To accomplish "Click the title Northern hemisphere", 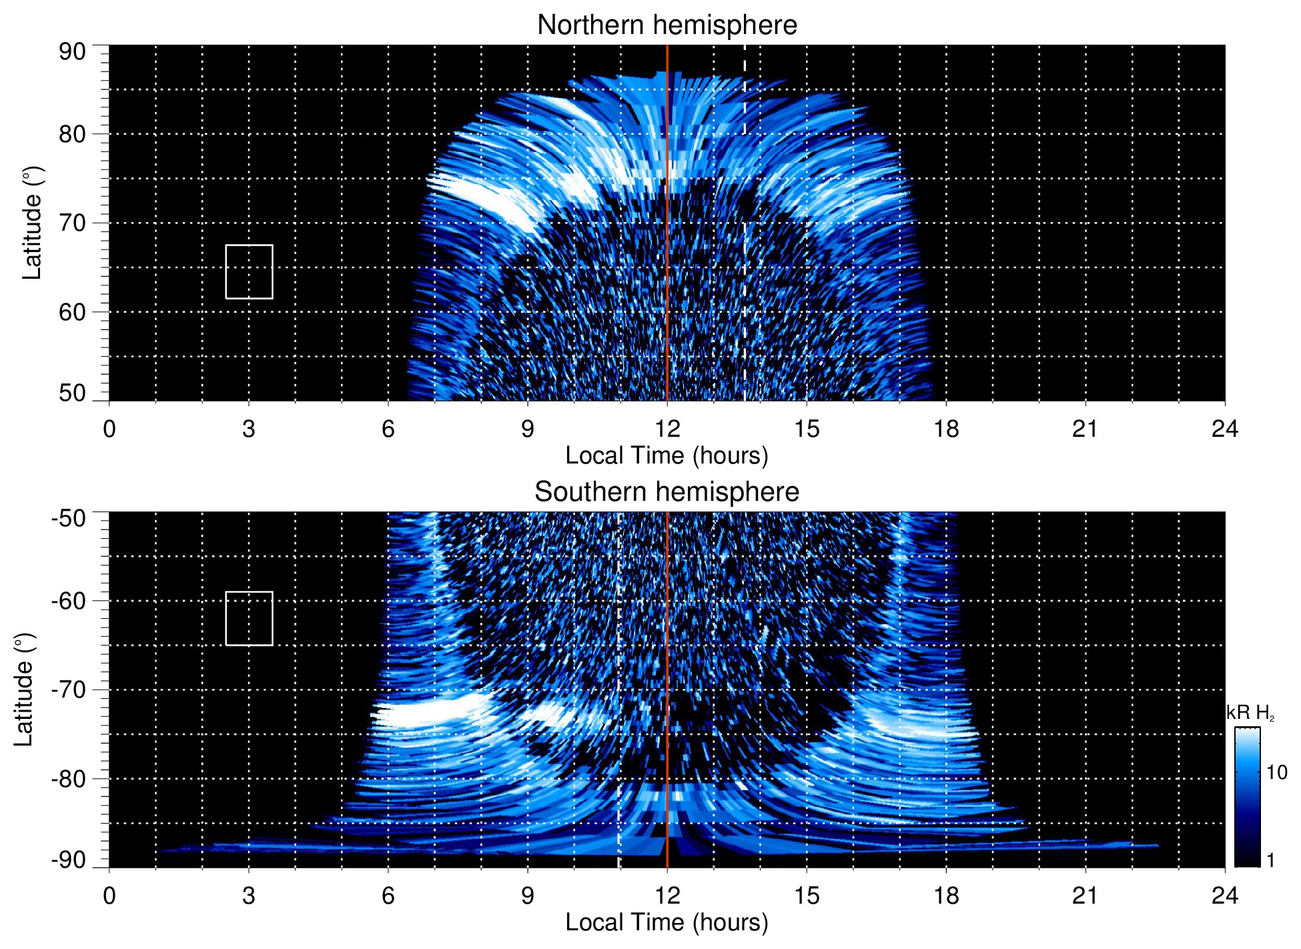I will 667,25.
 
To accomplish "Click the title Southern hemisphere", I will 667,492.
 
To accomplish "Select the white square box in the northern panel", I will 249,271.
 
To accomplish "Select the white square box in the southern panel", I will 249,618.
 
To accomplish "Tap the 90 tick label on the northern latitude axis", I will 72,52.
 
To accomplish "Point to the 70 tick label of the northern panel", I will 72,223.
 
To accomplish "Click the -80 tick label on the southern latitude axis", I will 69,778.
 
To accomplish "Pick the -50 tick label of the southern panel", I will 69,518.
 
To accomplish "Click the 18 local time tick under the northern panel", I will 945,429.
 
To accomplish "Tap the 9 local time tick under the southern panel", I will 528,896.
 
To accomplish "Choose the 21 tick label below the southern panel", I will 1085,896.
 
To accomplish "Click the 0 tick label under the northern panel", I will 109,429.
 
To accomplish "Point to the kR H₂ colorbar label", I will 1250,713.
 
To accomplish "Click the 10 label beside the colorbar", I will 1276,772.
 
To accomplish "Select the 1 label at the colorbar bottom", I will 1270,860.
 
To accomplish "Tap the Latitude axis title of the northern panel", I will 32,223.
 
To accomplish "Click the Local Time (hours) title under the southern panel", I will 667,922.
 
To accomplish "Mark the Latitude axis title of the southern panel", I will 24,690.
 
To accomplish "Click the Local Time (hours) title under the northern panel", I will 667,455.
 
